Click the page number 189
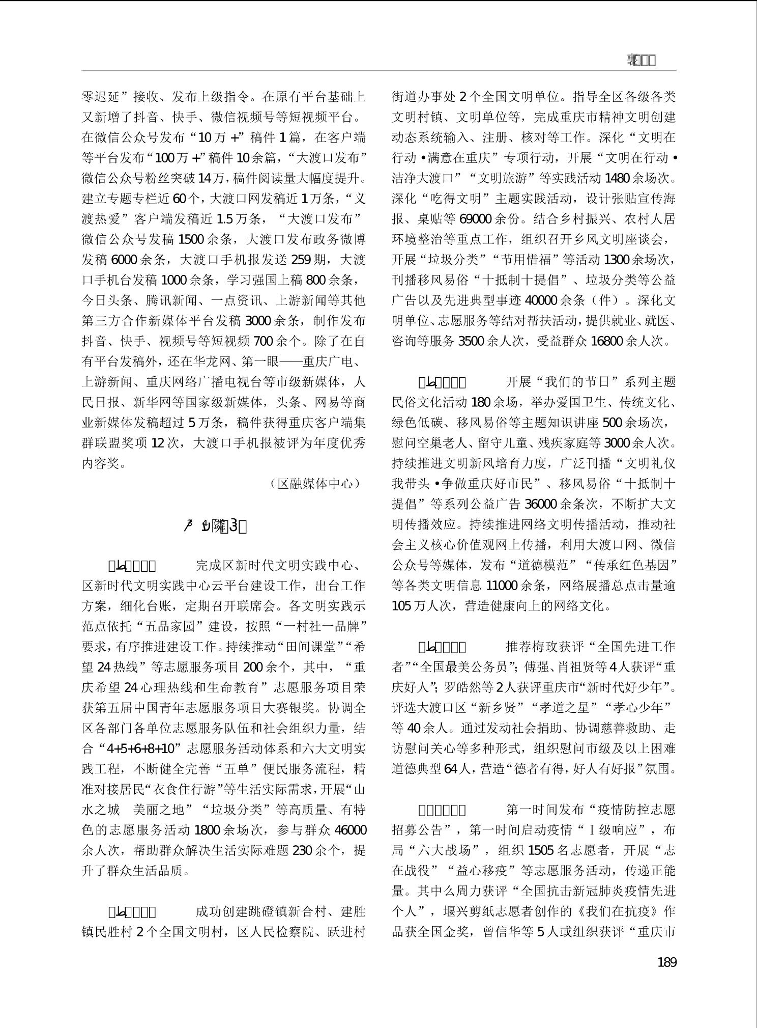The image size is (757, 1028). [667, 962]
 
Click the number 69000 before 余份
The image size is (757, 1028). [475, 219]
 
